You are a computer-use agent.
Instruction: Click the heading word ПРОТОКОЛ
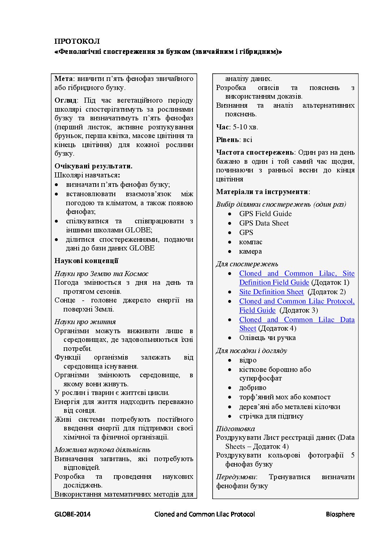(x=77, y=41)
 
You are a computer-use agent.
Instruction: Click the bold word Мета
(x=63, y=79)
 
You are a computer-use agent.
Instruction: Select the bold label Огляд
(x=65, y=100)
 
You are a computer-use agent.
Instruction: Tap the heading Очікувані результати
(x=93, y=166)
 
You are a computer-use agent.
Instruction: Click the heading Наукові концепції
(x=86, y=261)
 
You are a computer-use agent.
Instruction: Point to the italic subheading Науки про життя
(x=85, y=322)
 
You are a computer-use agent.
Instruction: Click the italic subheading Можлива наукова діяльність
(x=102, y=450)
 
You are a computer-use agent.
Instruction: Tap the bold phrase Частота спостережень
(x=255, y=153)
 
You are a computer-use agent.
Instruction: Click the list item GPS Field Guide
(x=265, y=214)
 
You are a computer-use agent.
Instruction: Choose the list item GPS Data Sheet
(x=264, y=223)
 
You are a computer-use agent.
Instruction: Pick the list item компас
(x=251, y=242)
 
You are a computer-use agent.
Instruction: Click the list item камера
(x=250, y=252)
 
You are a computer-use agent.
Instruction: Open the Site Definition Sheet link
(x=271, y=292)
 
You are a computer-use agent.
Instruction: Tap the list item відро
(x=248, y=360)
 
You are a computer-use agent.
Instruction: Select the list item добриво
(x=253, y=388)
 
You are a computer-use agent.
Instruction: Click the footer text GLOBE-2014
(x=73, y=514)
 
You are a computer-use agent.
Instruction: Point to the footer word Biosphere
(x=340, y=514)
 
